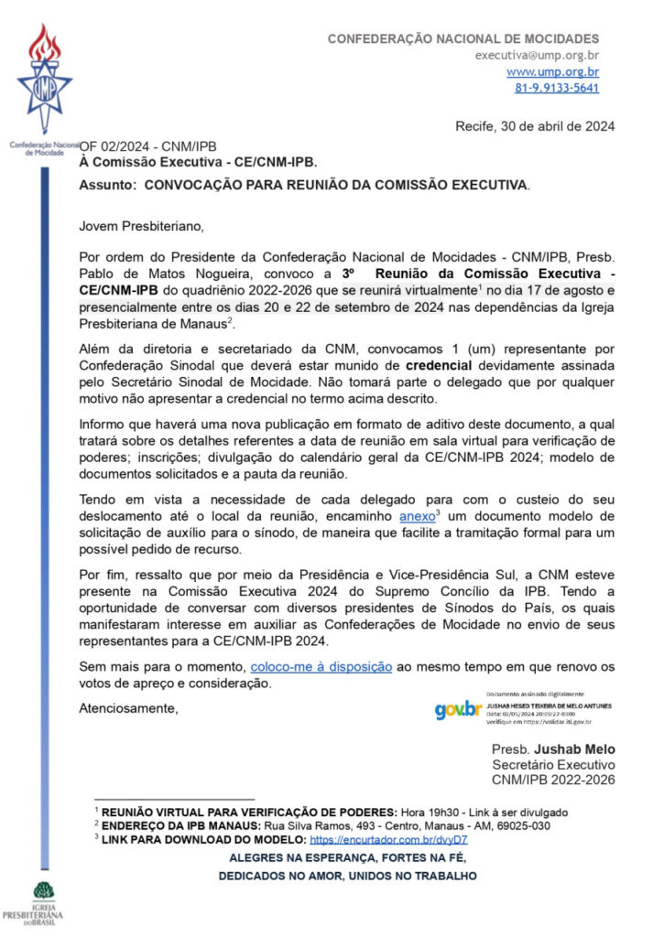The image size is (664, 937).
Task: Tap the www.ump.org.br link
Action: [x=552, y=71]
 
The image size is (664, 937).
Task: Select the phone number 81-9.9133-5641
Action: [x=557, y=88]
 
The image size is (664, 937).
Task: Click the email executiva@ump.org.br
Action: [x=537, y=55]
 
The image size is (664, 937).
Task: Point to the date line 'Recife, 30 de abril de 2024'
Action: [x=535, y=126]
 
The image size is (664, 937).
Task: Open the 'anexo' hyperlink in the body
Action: [x=418, y=517]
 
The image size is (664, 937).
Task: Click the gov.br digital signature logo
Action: [x=458, y=709]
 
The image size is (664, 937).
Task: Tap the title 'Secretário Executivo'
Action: [x=553, y=765]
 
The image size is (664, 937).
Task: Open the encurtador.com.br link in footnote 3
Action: [x=388, y=839]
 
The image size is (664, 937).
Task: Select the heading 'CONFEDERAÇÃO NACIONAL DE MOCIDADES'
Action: [x=463, y=38]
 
